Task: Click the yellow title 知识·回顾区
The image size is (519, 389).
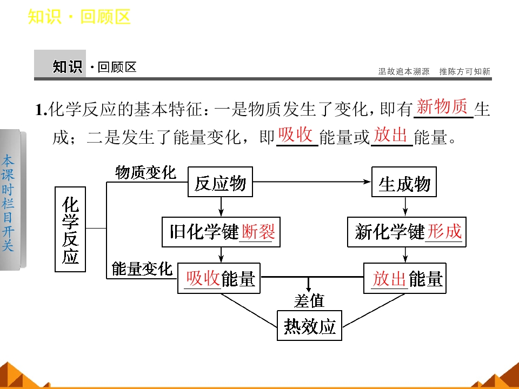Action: [x=79, y=17]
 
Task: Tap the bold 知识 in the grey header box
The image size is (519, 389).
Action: [x=68, y=67]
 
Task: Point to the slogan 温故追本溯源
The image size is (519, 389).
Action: [x=404, y=71]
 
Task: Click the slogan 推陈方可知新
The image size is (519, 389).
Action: [x=465, y=71]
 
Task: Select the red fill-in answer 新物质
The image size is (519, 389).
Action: [x=442, y=106]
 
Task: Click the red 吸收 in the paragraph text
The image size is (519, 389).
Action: [x=296, y=135]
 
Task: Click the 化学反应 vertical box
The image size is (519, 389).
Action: [x=70, y=229]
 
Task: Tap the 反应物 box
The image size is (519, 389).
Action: [x=220, y=182]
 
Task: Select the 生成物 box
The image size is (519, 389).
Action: [x=404, y=182]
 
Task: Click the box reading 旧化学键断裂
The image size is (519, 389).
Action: [x=221, y=232]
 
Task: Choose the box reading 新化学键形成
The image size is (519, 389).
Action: [x=407, y=232]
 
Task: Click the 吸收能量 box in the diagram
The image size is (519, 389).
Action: [x=219, y=278]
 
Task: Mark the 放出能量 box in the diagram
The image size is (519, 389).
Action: [x=405, y=278]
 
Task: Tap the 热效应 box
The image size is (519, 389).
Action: [x=309, y=325]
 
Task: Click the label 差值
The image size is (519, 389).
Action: [x=309, y=301]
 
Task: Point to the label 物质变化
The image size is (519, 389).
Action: [x=145, y=173]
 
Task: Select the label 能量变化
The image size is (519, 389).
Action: [x=142, y=269]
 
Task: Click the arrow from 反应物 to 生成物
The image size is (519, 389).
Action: [x=312, y=182]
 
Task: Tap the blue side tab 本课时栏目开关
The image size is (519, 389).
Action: [x=8, y=203]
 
